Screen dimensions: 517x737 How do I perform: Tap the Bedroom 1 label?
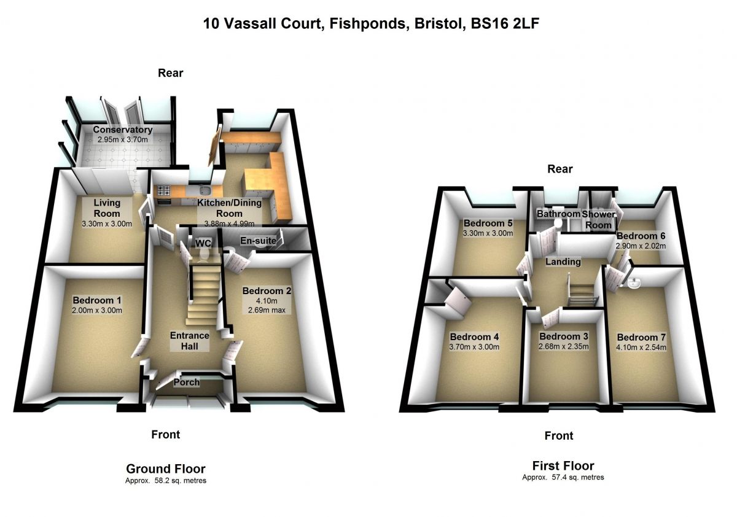pyautogui.click(x=97, y=300)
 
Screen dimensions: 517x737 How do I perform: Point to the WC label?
pyautogui.click(x=203, y=244)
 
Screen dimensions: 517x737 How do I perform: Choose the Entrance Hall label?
pyautogui.click(x=190, y=341)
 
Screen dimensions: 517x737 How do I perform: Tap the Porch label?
pyautogui.click(x=187, y=382)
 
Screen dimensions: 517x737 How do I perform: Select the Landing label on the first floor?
pyautogui.click(x=564, y=262)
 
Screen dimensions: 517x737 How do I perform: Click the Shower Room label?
pyautogui.click(x=598, y=220)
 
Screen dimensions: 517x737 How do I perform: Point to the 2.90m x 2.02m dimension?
pyautogui.click(x=641, y=246)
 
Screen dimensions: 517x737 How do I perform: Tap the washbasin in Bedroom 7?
pyautogui.click(x=636, y=282)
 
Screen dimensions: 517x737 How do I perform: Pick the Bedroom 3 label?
pyautogui.click(x=564, y=336)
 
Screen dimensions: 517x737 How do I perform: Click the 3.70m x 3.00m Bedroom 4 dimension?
pyautogui.click(x=474, y=347)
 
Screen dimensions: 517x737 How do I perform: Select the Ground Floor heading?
pyautogui.click(x=166, y=469)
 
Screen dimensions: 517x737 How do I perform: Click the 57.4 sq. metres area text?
pyautogui.click(x=563, y=477)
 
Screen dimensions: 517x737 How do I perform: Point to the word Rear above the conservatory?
pyautogui.click(x=171, y=73)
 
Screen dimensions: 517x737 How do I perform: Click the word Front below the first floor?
pyautogui.click(x=559, y=435)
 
